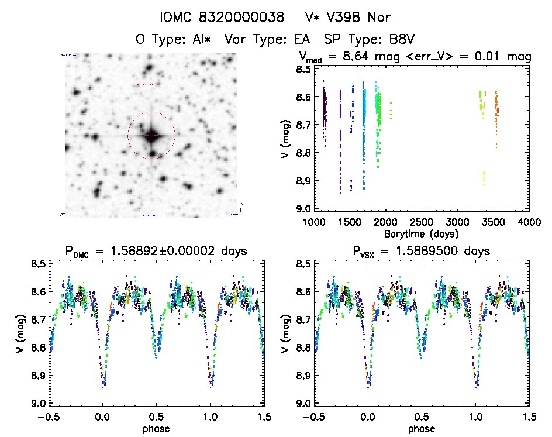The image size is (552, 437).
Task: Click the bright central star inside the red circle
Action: pos(151,135)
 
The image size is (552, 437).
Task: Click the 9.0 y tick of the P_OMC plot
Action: pos(37,404)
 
